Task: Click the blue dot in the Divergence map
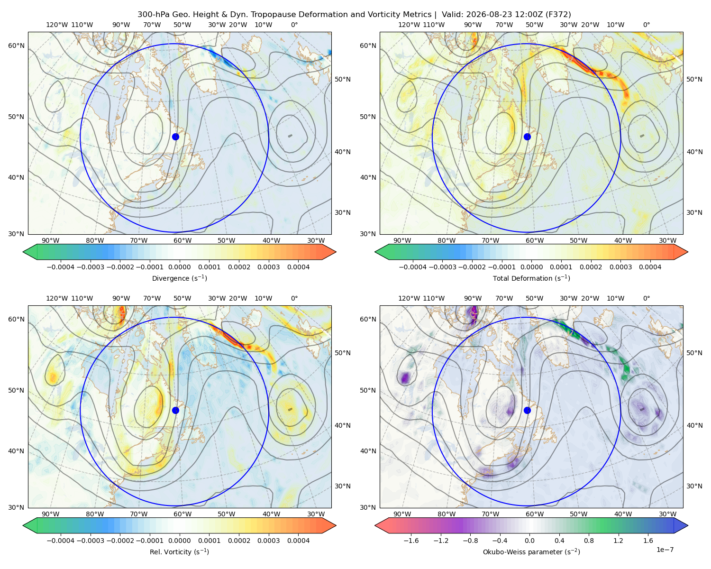(175, 137)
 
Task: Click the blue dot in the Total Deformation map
(527, 137)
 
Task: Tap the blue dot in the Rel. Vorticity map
(175, 410)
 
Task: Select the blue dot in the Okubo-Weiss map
(527, 410)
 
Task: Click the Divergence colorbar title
(179, 278)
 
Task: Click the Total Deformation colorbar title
(531, 278)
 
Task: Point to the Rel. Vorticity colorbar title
(179, 551)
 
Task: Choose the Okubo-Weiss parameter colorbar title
(531, 551)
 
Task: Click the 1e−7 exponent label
(665, 550)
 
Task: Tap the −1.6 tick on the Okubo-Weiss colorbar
(411, 540)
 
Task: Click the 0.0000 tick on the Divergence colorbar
(179, 267)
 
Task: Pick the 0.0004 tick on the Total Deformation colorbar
(650, 267)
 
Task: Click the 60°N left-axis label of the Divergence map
(16, 46)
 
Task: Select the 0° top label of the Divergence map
(294, 25)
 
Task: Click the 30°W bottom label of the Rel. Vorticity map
(316, 514)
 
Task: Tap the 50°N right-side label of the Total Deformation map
(694, 79)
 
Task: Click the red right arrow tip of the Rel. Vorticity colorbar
(336, 525)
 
